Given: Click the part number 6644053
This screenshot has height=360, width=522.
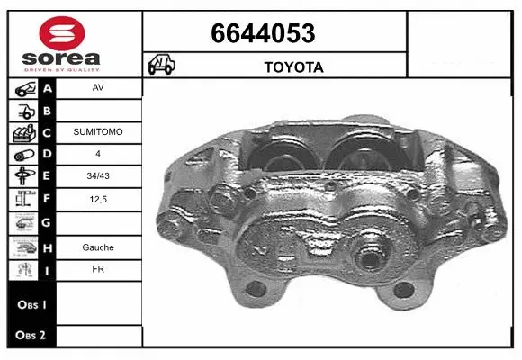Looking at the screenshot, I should (262, 34).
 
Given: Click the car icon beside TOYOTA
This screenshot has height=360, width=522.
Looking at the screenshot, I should (162, 66).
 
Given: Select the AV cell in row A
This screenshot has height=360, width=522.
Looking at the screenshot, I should (97, 88).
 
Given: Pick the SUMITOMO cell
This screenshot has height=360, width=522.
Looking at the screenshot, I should (97, 131).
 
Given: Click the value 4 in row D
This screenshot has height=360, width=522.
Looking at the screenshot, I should (97, 153).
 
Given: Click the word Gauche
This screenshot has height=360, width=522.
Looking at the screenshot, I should (97, 246).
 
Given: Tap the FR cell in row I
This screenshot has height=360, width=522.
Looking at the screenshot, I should (97, 268).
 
